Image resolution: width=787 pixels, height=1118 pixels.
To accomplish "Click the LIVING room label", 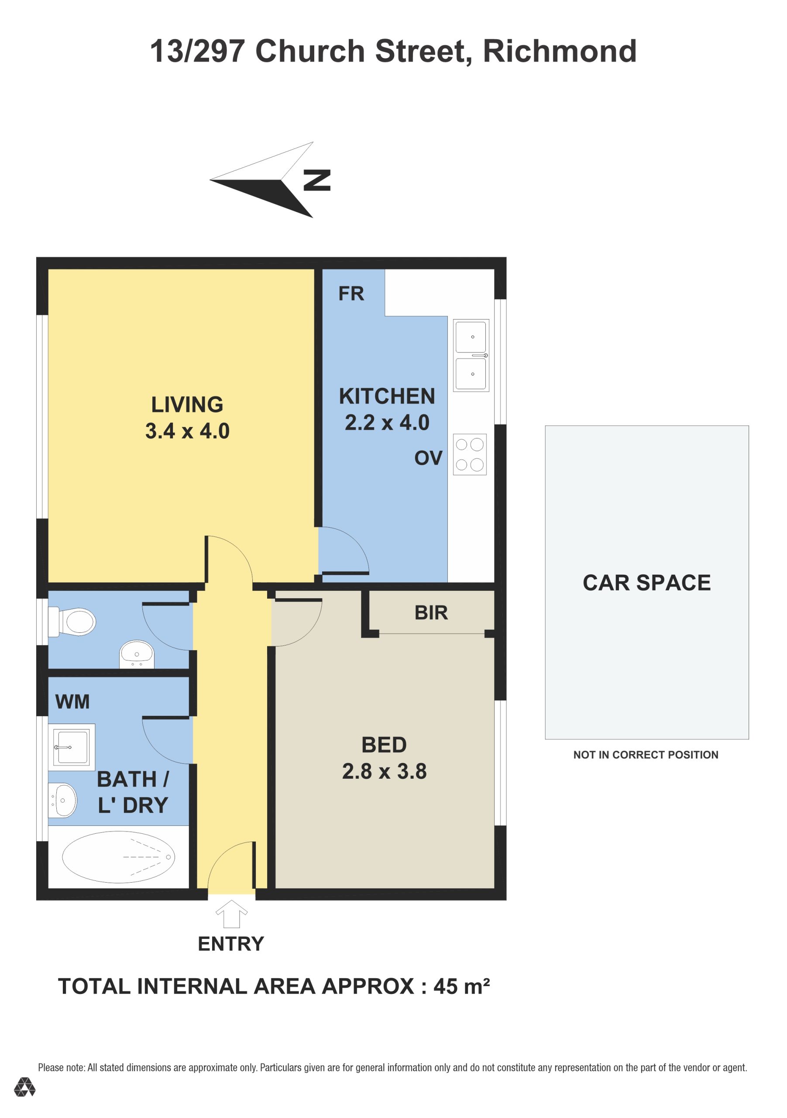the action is click(187, 405).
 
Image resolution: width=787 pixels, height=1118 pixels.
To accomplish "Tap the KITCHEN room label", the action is click(387, 397).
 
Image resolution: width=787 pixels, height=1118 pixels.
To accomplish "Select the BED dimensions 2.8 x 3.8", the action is click(384, 771).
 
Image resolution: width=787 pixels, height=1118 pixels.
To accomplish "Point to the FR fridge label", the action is click(351, 293).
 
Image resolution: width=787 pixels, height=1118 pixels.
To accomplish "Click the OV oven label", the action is click(428, 458).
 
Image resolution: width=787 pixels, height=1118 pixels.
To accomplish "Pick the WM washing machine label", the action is click(72, 702).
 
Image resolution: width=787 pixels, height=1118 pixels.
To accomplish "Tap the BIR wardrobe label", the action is click(431, 613).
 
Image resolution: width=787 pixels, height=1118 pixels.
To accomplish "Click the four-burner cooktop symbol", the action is click(470, 454).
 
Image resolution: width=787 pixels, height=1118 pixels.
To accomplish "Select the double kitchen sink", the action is click(471, 355).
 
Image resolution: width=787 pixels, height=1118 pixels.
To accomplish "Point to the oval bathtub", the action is click(118, 857).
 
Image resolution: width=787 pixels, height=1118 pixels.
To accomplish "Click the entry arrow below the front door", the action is click(231, 914).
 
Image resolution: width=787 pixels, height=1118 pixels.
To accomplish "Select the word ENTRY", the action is click(231, 944).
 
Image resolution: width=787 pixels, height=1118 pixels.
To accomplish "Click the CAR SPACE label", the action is click(647, 583).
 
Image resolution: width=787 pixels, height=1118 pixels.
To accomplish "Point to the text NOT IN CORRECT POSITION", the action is click(646, 755).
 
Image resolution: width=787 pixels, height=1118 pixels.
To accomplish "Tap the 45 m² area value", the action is click(461, 987).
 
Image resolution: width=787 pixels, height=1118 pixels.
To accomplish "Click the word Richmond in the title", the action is click(560, 51).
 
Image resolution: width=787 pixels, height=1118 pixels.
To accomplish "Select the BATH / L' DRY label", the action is click(133, 792).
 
